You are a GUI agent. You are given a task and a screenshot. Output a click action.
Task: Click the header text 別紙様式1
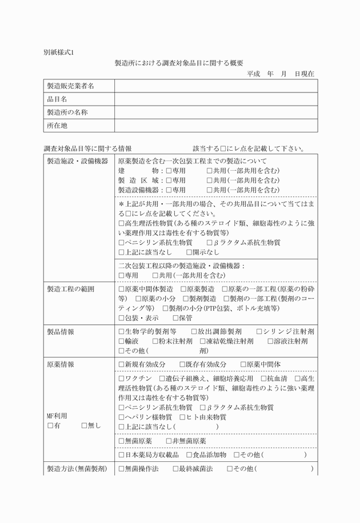pos(59,52)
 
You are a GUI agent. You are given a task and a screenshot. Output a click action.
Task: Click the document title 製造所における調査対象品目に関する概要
pos(179,63)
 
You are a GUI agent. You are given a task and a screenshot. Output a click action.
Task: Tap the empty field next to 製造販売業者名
pos(215,86)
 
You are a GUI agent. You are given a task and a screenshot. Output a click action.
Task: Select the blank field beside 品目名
pos(215,99)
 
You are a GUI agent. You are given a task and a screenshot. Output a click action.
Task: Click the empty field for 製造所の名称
pos(215,112)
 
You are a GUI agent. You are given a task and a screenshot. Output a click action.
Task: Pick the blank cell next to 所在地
pos(215,126)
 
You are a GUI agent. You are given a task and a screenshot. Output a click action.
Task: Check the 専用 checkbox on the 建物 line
pos(169,171)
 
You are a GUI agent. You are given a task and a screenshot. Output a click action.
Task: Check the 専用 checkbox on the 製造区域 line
pos(169,180)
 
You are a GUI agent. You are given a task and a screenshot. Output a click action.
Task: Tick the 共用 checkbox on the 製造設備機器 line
pos(210,190)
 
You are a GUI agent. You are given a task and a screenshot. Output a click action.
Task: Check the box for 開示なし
pos(190,252)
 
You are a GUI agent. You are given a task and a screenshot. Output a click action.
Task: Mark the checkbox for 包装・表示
pos(121,318)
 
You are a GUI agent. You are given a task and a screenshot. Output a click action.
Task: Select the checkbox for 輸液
pos(121,341)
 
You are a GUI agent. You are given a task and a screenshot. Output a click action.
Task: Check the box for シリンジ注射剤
pos(259,332)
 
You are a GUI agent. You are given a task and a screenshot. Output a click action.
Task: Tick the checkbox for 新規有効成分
pos(121,364)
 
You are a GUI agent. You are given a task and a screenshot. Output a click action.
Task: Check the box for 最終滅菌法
pos(176,469)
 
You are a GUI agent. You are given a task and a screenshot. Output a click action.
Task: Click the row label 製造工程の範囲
pos(70,289)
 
